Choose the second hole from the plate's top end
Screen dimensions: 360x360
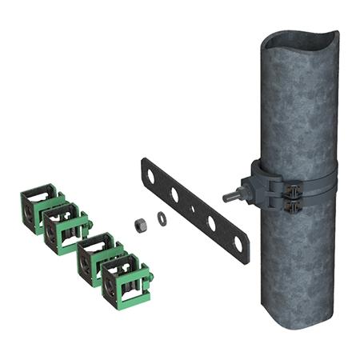[x=174, y=194]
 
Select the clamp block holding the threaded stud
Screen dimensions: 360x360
[x=255, y=185]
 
